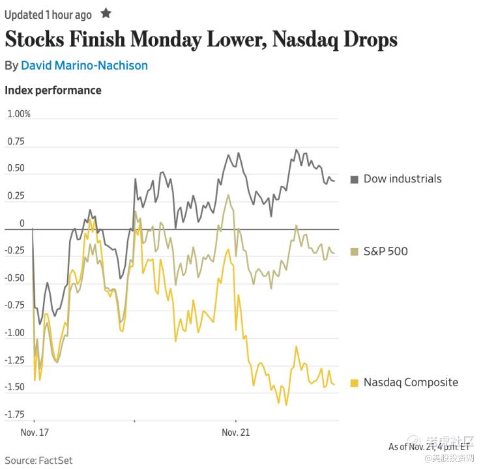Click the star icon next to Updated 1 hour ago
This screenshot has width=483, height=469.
click(x=106, y=13)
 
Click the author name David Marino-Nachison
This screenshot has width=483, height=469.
click(x=84, y=66)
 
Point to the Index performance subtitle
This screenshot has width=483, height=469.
click(x=53, y=90)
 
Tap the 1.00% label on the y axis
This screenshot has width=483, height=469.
click(x=19, y=114)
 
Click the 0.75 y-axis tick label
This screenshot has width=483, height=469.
click(x=16, y=141)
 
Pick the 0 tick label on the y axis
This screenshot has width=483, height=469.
click(x=22, y=223)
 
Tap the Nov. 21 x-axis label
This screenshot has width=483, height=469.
click(x=235, y=433)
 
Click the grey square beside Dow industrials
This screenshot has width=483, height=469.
click(x=355, y=179)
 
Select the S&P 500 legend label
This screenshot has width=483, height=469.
click(x=385, y=251)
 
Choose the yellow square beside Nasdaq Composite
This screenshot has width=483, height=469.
click(x=355, y=382)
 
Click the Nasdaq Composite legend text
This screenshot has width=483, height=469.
click(x=411, y=382)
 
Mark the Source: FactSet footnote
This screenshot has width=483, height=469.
click(x=38, y=461)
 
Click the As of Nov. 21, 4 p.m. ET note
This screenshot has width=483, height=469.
click(x=429, y=447)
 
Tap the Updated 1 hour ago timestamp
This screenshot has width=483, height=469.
click(x=48, y=14)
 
